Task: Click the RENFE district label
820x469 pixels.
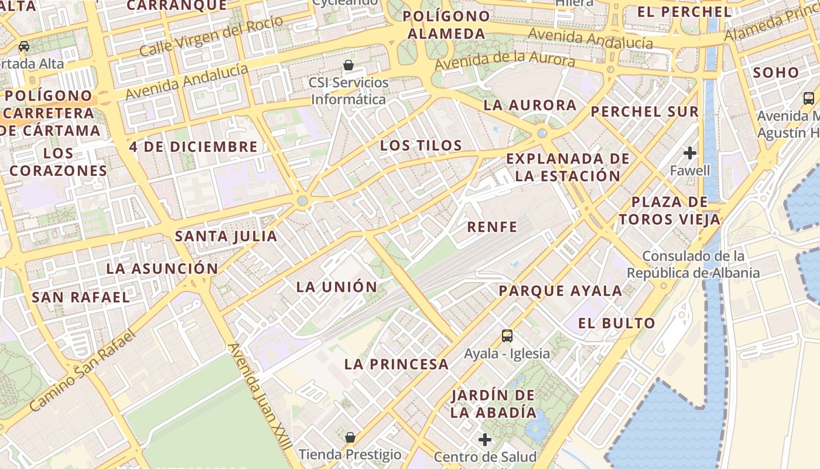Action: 492,227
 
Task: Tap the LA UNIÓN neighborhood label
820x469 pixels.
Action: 337,287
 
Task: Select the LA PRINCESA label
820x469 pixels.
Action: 397,364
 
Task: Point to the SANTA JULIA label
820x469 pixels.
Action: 226,236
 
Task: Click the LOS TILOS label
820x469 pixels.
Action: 421,145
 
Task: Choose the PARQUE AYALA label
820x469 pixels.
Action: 560,291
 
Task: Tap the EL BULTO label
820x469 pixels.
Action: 616,323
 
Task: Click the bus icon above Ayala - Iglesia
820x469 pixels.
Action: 507,336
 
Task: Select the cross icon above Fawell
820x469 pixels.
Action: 690,153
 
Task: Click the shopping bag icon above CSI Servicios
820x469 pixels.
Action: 348,64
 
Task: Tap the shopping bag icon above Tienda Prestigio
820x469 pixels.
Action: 350,437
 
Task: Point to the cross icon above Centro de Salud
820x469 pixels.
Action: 485,439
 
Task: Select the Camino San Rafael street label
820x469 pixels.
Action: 82,371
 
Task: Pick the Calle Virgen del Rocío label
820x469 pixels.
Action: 211,36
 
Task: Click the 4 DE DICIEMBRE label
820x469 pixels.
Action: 193,147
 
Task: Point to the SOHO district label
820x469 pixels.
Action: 776,73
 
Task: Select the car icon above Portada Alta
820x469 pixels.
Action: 24,46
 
